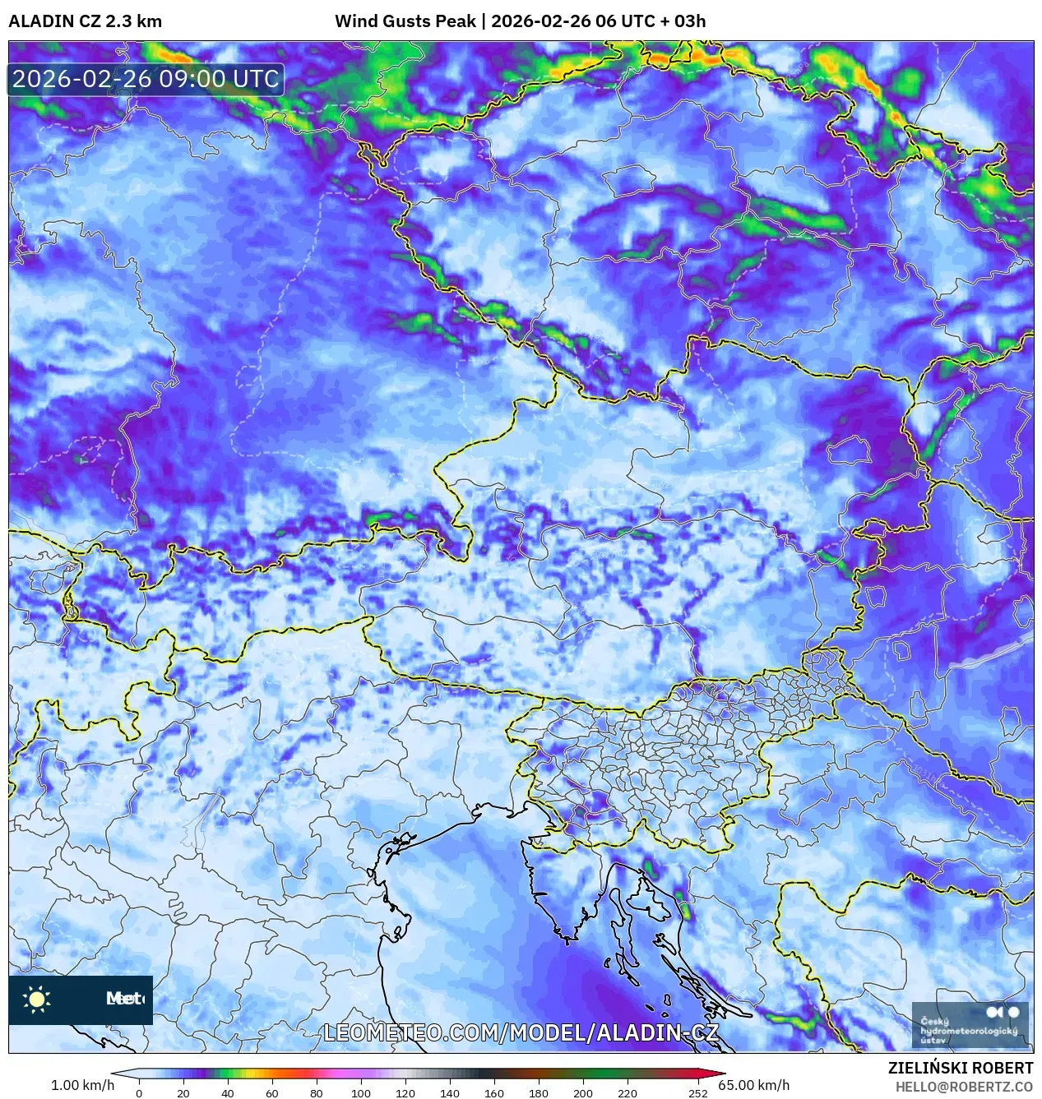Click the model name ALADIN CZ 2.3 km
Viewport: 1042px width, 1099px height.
coord(85,21)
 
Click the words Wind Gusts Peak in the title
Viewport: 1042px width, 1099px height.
coord(405,21)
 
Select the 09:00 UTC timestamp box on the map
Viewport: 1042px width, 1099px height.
coord(146,79)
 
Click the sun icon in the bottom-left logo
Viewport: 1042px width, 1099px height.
coord(37,999)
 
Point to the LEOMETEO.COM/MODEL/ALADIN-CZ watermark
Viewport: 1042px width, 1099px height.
coord(521,1032)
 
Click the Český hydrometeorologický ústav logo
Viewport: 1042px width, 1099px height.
coord(970,1025)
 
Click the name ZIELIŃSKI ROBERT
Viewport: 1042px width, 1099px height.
coord(960,1068)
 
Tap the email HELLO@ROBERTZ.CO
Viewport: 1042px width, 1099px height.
coord(964,1087)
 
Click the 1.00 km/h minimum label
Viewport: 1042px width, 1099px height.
coord(82,1085)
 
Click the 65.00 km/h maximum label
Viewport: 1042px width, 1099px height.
coord(753,1085)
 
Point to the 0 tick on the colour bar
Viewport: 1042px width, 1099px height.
coord(139,1093)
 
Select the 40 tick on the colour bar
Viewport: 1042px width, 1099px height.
coord(228,1093)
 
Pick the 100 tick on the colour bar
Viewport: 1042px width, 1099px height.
coord(361,1093)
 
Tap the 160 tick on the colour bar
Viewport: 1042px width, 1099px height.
coord(494,1093)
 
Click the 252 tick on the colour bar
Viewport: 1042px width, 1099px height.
coord(698,1093)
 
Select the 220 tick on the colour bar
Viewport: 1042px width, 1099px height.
coord(628,1093)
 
